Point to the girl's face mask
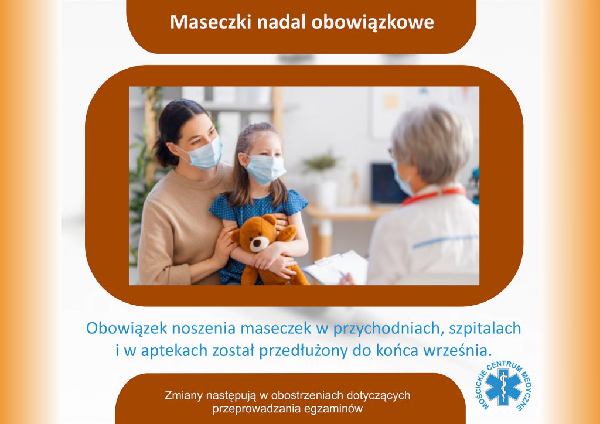coord(265,169)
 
